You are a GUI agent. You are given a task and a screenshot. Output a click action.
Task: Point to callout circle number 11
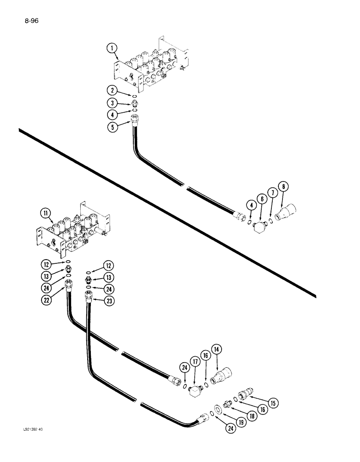(46, 213)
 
